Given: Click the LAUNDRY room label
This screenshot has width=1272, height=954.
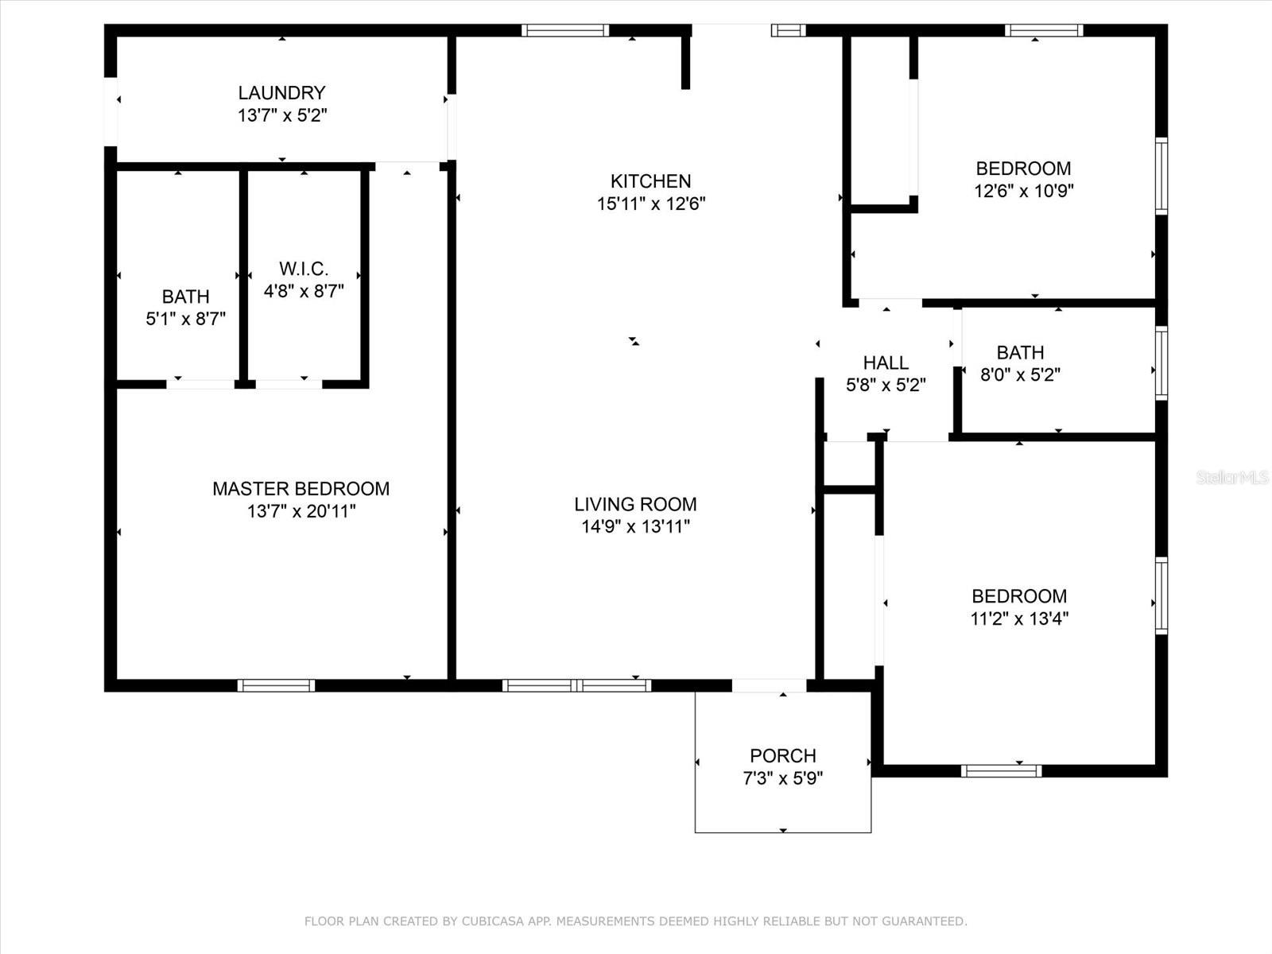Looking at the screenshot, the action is (281, 93).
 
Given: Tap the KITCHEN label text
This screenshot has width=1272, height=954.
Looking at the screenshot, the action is (650, 181).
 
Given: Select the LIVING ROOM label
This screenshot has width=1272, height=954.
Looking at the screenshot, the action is (635, 504).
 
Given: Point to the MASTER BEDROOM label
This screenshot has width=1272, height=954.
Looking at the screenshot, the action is (301, 489).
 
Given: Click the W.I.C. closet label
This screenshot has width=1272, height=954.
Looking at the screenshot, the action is (304, 269).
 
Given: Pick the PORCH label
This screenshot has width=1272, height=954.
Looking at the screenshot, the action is (783, 755).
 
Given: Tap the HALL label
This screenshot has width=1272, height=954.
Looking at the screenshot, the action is (886, 363).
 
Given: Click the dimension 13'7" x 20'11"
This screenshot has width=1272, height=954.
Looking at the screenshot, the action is (301, 511).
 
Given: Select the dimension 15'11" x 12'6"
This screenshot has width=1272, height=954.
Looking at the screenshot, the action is (651, 204).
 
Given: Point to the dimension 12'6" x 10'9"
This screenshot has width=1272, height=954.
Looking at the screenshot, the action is (1024, 191).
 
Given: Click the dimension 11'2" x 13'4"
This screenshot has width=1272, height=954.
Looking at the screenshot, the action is (1019, 619).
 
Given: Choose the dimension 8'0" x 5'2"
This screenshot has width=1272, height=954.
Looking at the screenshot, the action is (1021, 374).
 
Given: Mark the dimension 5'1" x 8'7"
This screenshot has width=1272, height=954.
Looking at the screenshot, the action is (185, 319).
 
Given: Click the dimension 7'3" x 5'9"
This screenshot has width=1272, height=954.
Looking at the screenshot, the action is (783, 778).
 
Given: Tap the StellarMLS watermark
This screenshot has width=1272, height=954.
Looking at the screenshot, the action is (1232, 478).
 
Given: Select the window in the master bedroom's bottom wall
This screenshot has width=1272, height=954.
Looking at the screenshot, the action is (276, 686).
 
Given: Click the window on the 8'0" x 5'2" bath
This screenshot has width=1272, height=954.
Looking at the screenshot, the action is (1161, 363).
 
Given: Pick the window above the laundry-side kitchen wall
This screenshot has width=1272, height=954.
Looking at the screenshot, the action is (565, 30).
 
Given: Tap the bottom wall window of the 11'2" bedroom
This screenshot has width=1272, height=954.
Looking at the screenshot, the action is (1002, 771).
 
